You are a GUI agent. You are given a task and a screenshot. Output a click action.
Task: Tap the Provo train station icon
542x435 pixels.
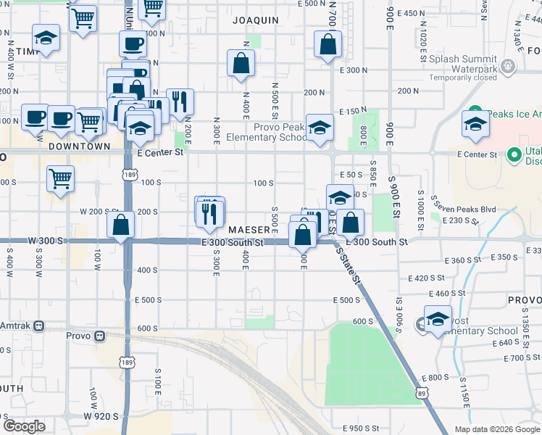click(100, 336)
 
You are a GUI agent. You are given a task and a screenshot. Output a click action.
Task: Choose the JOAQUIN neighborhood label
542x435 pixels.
click(255, 20)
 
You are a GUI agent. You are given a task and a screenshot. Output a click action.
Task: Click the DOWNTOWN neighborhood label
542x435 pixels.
click(80, 146)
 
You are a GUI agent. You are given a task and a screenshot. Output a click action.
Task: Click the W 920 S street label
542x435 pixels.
click(100, 416)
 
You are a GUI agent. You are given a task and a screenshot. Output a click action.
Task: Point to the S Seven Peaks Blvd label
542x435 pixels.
click(464, 210)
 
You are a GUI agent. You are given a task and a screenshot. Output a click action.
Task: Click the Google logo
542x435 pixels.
click(23, 426)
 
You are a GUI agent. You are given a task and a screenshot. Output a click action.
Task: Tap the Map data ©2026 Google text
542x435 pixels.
click(496, 428)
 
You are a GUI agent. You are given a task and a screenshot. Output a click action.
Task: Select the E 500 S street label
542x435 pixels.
click(346, 299)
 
